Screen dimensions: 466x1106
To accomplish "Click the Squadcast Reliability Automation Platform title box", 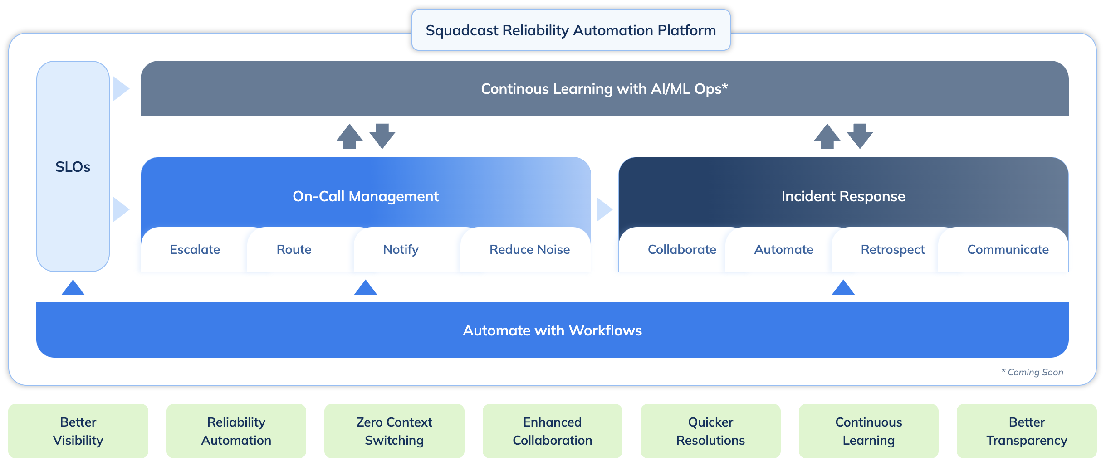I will (571, 30).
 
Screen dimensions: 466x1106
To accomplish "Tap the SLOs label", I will (73, 167).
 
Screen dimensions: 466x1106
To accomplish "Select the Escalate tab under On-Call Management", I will (195, 250).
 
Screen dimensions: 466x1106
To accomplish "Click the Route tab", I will (294, 250).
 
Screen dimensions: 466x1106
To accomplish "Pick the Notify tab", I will (401, 250).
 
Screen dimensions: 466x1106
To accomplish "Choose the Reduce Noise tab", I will (529, 250).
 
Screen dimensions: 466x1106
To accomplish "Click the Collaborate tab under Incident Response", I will (681, 250).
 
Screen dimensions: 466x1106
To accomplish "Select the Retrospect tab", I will (892, 250).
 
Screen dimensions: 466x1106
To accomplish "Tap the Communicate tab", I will (1008, 250).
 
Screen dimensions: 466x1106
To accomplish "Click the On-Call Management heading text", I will (366, 196).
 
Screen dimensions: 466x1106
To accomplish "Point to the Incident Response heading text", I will (843, 196).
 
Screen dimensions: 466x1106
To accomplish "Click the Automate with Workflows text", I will (552, 330).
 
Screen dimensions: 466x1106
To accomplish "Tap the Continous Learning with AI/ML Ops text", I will (604, 89).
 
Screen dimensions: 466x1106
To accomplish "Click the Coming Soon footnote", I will (1033, 372).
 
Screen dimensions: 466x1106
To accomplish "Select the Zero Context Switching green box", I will (394, 431).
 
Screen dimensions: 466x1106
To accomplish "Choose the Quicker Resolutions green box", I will (710, 431).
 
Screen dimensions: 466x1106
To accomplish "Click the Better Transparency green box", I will (1027, 431).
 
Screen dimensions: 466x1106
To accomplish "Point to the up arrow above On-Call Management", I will (349, 136).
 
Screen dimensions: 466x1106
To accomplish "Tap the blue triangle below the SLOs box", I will (73, 288).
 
